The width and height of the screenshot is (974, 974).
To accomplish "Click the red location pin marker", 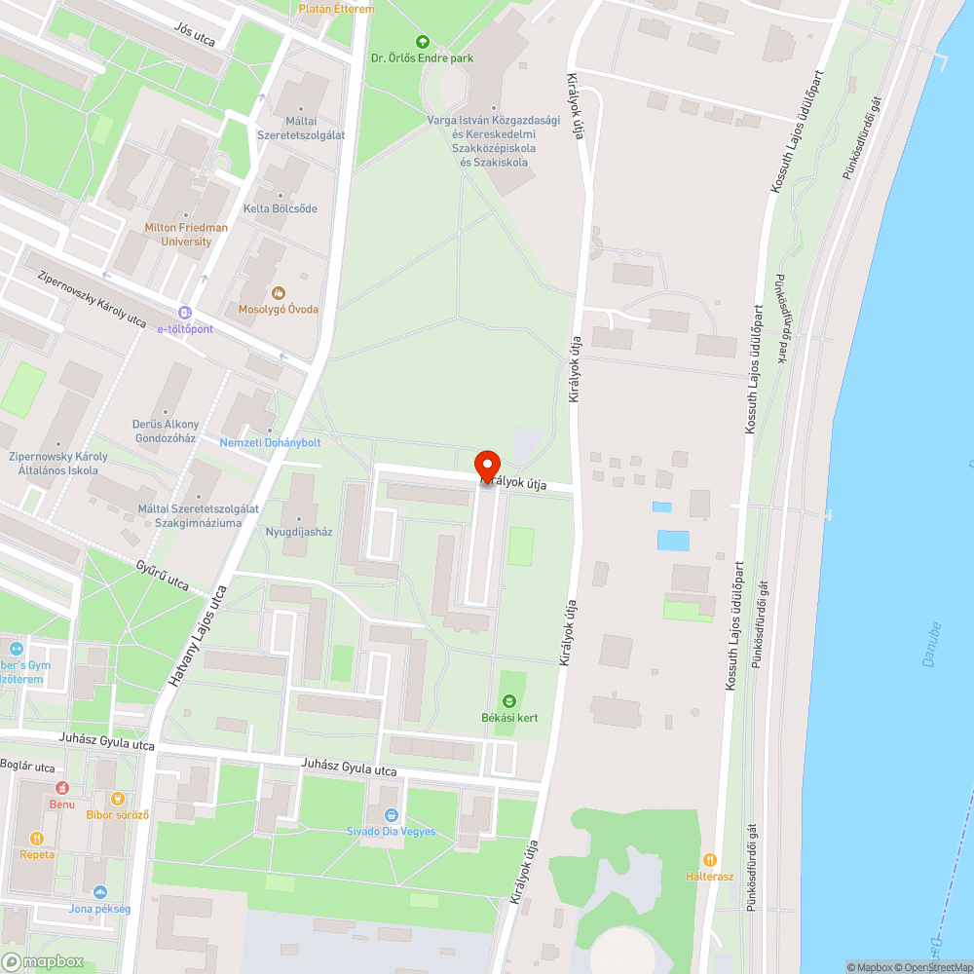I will [x=486, y=466].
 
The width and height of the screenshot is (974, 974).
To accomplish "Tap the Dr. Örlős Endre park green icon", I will [x=422, y=41].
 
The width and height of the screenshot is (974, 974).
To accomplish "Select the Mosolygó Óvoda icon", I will [x=279, y=292].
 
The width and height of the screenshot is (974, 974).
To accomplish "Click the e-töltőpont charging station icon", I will [x=185, y=313].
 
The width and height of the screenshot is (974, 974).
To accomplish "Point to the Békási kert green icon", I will [x=508, y=700].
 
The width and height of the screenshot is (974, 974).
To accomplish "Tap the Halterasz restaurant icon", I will [x=710, y=860].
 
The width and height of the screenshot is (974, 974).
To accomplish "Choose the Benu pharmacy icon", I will [x=61, y=787].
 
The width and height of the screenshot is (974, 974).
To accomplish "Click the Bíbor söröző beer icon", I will [x=119, y=798].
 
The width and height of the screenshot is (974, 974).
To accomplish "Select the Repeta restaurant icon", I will [x=37, y=838].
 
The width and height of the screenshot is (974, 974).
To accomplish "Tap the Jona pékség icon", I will [x=99, y=892].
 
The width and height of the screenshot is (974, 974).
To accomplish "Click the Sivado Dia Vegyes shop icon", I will [x=391, y=814].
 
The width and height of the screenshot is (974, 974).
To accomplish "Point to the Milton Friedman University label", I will [x=186, y=235].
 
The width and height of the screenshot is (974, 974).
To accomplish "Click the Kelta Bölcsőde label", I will [x=280, y=208].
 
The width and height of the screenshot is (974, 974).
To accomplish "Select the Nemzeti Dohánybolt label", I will [x=270, y=442].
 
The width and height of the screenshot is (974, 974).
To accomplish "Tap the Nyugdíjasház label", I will [x=299, y=532].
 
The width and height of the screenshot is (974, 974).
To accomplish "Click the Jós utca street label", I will [x=195, y=35].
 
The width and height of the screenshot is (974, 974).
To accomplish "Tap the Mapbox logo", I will [x=44, y=961].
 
